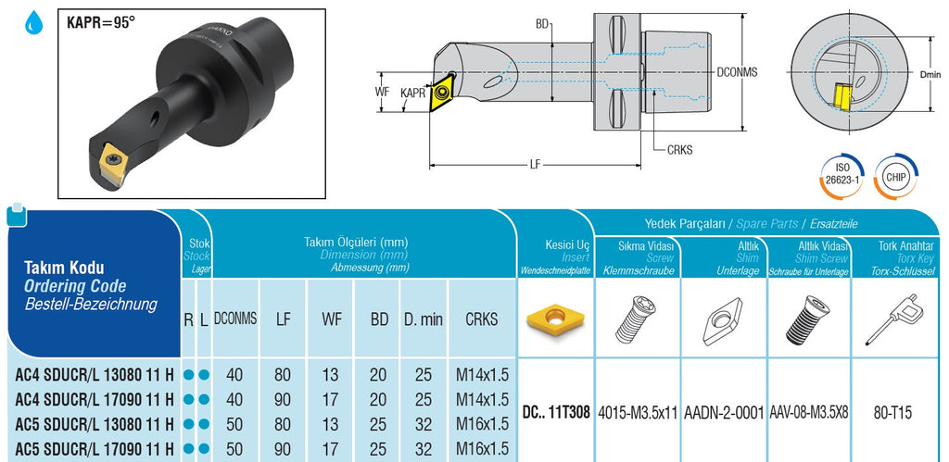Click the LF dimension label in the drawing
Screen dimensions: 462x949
click(x=535, y=165)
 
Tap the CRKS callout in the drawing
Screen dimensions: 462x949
click(x=679, y=148)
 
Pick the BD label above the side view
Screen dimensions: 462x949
click(x=543, y=24)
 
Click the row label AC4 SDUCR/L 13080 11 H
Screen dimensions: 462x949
click(x=94, y=376)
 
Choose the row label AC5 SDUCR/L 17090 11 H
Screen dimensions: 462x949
click(x=94, y=448)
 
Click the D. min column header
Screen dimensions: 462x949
click(x=423, y=318)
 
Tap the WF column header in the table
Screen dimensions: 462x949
click(x=331, y=318)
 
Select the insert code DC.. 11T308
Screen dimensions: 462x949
click(x=555, y=412)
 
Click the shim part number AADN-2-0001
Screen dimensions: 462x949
click(x=725, y=412)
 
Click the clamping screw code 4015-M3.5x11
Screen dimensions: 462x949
click(x=638, y=412)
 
